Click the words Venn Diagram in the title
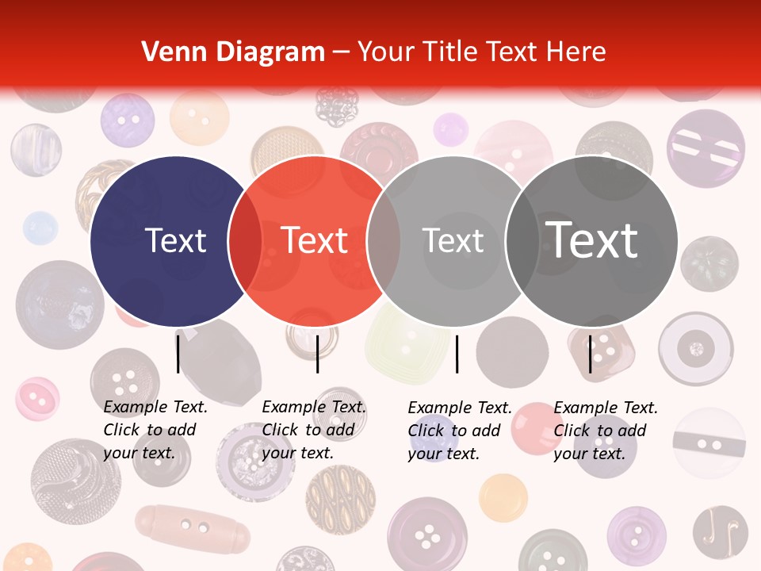click(233, 52)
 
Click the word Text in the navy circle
click(176, 240)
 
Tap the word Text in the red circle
click(315, 240)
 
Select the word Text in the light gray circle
click(453, 240)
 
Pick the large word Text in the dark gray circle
click(591, 240)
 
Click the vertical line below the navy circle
click(178, 354)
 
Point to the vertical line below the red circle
click(317, 354)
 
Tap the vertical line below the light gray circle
click(457, 354)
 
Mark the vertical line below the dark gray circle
click(591, 354)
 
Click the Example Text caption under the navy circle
click(155, 430)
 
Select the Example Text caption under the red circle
click(313, 430)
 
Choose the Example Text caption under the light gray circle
click(459, 431)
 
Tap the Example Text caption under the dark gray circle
click(605, 431)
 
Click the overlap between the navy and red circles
click(245, 240)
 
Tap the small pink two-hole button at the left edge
click(37, 398)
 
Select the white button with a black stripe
click(709, 443)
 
